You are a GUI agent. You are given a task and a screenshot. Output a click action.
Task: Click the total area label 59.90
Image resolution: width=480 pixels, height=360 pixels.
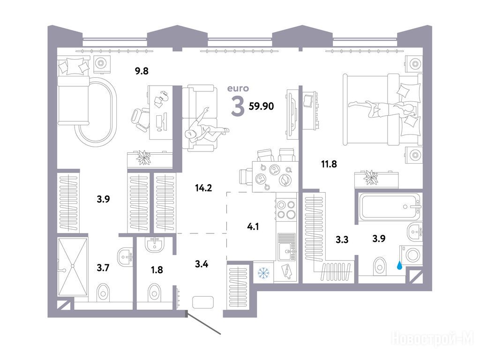click(261, 106)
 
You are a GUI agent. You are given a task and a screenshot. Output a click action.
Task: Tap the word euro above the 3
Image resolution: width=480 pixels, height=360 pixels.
click(238, 89)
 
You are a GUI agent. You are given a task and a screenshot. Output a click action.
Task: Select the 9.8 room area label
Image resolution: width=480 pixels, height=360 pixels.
click(142, 71)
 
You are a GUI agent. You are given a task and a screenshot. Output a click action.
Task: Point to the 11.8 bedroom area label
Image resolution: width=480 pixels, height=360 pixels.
click(329, 164)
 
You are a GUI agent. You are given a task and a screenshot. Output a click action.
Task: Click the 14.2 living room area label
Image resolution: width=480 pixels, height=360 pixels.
click(203, 187)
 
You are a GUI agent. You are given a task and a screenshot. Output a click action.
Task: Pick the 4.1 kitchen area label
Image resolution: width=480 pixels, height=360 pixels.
click(253, 226)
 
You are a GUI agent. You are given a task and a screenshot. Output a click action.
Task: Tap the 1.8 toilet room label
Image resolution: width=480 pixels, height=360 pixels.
click(157, 270)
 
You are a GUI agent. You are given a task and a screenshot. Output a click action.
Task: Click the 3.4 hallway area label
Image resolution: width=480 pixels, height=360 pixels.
click(202, 263)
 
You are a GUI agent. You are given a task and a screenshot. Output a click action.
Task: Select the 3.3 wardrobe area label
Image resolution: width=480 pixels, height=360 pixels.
click(342, 240)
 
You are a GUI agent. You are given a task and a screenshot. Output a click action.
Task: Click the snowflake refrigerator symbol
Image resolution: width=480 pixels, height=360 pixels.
click(263, 273)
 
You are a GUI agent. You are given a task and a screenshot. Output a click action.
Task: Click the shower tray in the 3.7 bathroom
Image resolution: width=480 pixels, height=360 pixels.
click(73, 266)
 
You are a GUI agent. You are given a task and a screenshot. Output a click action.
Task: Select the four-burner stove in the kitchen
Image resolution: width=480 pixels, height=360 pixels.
click(286, 210)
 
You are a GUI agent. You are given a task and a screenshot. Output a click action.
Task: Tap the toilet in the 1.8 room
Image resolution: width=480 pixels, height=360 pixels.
click(154, 292)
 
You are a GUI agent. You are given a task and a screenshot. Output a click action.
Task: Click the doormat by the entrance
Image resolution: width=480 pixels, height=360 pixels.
click(202, 302)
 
